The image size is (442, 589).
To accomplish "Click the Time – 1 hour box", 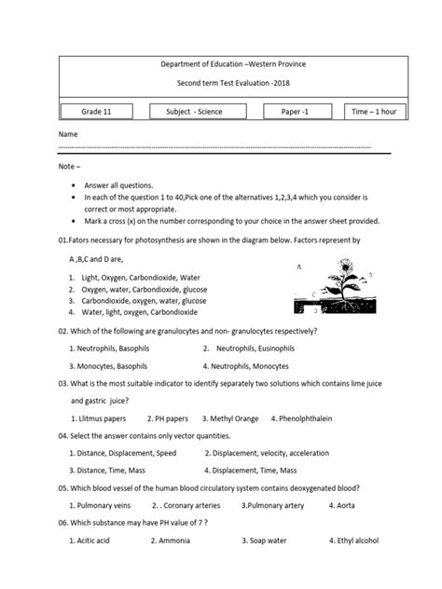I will [x=374, y=112].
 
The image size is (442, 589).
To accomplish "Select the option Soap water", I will [x=267, y=540].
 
